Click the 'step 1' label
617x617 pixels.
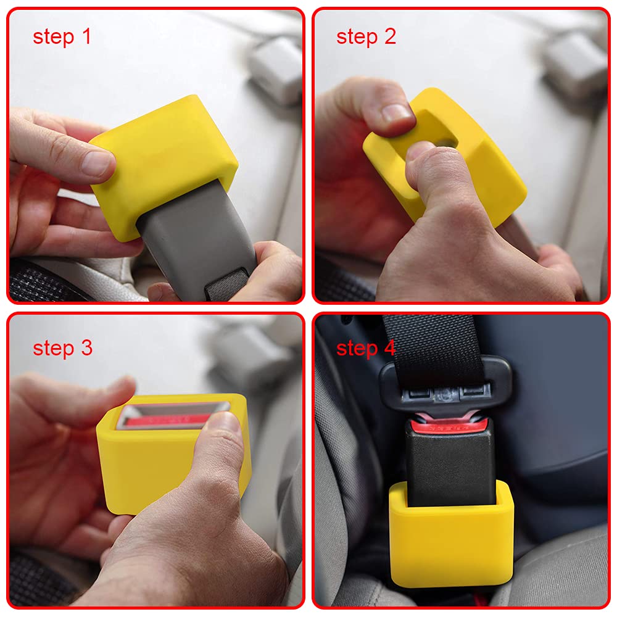(x=62, y=36)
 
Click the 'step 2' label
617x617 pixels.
(x=366, y=36)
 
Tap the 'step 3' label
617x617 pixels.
(x=62, y=348)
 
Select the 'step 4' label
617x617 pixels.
(x=366, y=348)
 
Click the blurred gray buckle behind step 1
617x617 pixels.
(x=275, y=68)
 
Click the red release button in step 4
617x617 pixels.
(x=449, y=425)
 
